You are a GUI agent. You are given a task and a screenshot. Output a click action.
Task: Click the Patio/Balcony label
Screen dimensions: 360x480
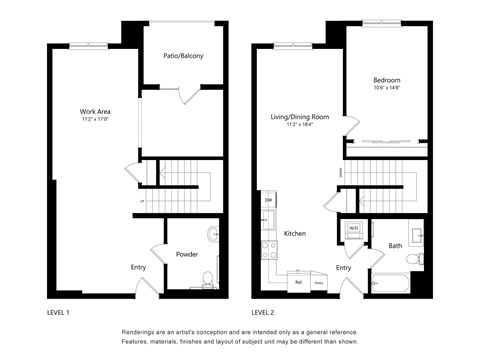(x=183, y=56)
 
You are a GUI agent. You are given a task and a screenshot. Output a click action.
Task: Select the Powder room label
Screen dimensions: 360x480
(x=187, y=254)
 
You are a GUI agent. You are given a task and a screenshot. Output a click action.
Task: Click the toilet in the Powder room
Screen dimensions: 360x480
(x=207, y=278)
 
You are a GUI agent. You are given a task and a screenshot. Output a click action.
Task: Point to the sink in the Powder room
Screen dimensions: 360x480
(x=213, y=235)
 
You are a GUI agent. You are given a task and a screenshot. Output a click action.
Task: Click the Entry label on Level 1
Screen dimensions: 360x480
(x=138, y=267)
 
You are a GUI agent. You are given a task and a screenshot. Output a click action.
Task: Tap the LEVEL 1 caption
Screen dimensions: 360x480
(x=58, y=312)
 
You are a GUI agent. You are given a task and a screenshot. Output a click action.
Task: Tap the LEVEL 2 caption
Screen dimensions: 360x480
(x=264, y=312)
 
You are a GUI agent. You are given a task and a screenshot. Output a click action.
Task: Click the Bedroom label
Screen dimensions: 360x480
(x=387, y=80)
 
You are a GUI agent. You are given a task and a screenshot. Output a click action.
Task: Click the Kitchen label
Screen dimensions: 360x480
(x=295, y=233)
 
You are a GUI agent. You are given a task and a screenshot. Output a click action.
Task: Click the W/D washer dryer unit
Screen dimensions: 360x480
(x=354, y=229)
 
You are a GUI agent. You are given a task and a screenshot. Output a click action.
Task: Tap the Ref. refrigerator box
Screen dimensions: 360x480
(x=298, y=283)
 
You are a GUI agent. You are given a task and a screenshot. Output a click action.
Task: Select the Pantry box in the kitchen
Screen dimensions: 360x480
(x=319, y=283)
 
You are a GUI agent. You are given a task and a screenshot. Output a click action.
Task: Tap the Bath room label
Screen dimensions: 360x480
(x=395, y=245)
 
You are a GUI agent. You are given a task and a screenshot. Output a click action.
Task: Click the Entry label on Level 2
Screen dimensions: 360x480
(x=343, y=267)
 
